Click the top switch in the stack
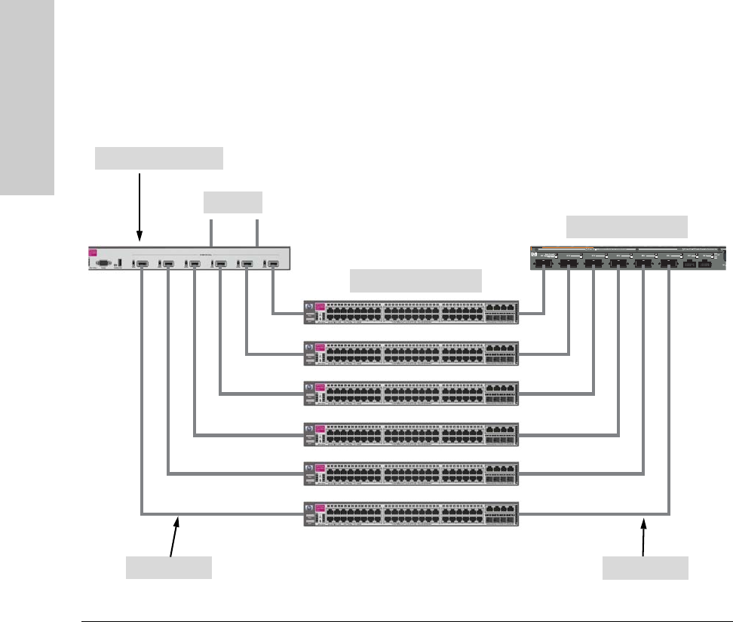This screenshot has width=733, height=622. pos(411,311)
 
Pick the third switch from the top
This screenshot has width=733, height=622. pos(411,392)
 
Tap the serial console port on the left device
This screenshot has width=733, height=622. pos(104,263)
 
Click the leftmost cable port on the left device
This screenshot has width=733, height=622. pos(142,264)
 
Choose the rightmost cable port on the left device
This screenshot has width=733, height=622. pos(273,264)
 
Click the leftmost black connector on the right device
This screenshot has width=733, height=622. pos(544,265)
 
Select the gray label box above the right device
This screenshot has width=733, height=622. pos(627,227)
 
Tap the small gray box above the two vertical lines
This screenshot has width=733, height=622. pos(234,202)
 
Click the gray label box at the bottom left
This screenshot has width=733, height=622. pos(168,568)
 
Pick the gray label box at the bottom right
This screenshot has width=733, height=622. pos(645,568)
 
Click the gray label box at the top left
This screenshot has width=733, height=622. pos(159,158)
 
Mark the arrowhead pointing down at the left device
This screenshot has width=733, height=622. pos(140,237)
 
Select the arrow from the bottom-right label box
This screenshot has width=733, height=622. pos(645,535)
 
